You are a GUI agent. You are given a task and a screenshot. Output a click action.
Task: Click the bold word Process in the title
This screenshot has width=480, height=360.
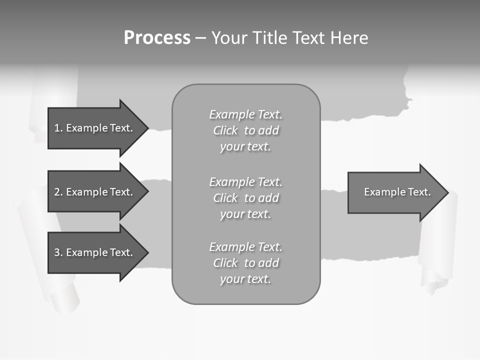157,38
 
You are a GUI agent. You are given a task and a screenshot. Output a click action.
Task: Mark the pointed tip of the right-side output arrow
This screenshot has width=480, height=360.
447,192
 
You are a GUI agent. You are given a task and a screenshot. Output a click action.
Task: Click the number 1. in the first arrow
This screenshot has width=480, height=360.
58,128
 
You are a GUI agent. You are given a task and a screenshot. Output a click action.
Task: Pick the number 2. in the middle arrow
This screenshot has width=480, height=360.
58,192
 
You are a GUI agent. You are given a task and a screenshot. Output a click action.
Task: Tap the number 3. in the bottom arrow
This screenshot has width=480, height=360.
58,252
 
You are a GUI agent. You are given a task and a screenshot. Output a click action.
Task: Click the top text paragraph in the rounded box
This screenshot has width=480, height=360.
245,130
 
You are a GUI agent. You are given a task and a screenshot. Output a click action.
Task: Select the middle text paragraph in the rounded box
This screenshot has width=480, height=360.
245,198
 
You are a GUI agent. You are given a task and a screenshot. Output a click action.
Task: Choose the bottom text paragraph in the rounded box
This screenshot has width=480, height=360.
245,263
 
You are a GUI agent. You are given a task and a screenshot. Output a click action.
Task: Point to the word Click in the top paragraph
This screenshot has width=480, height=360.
225,131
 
